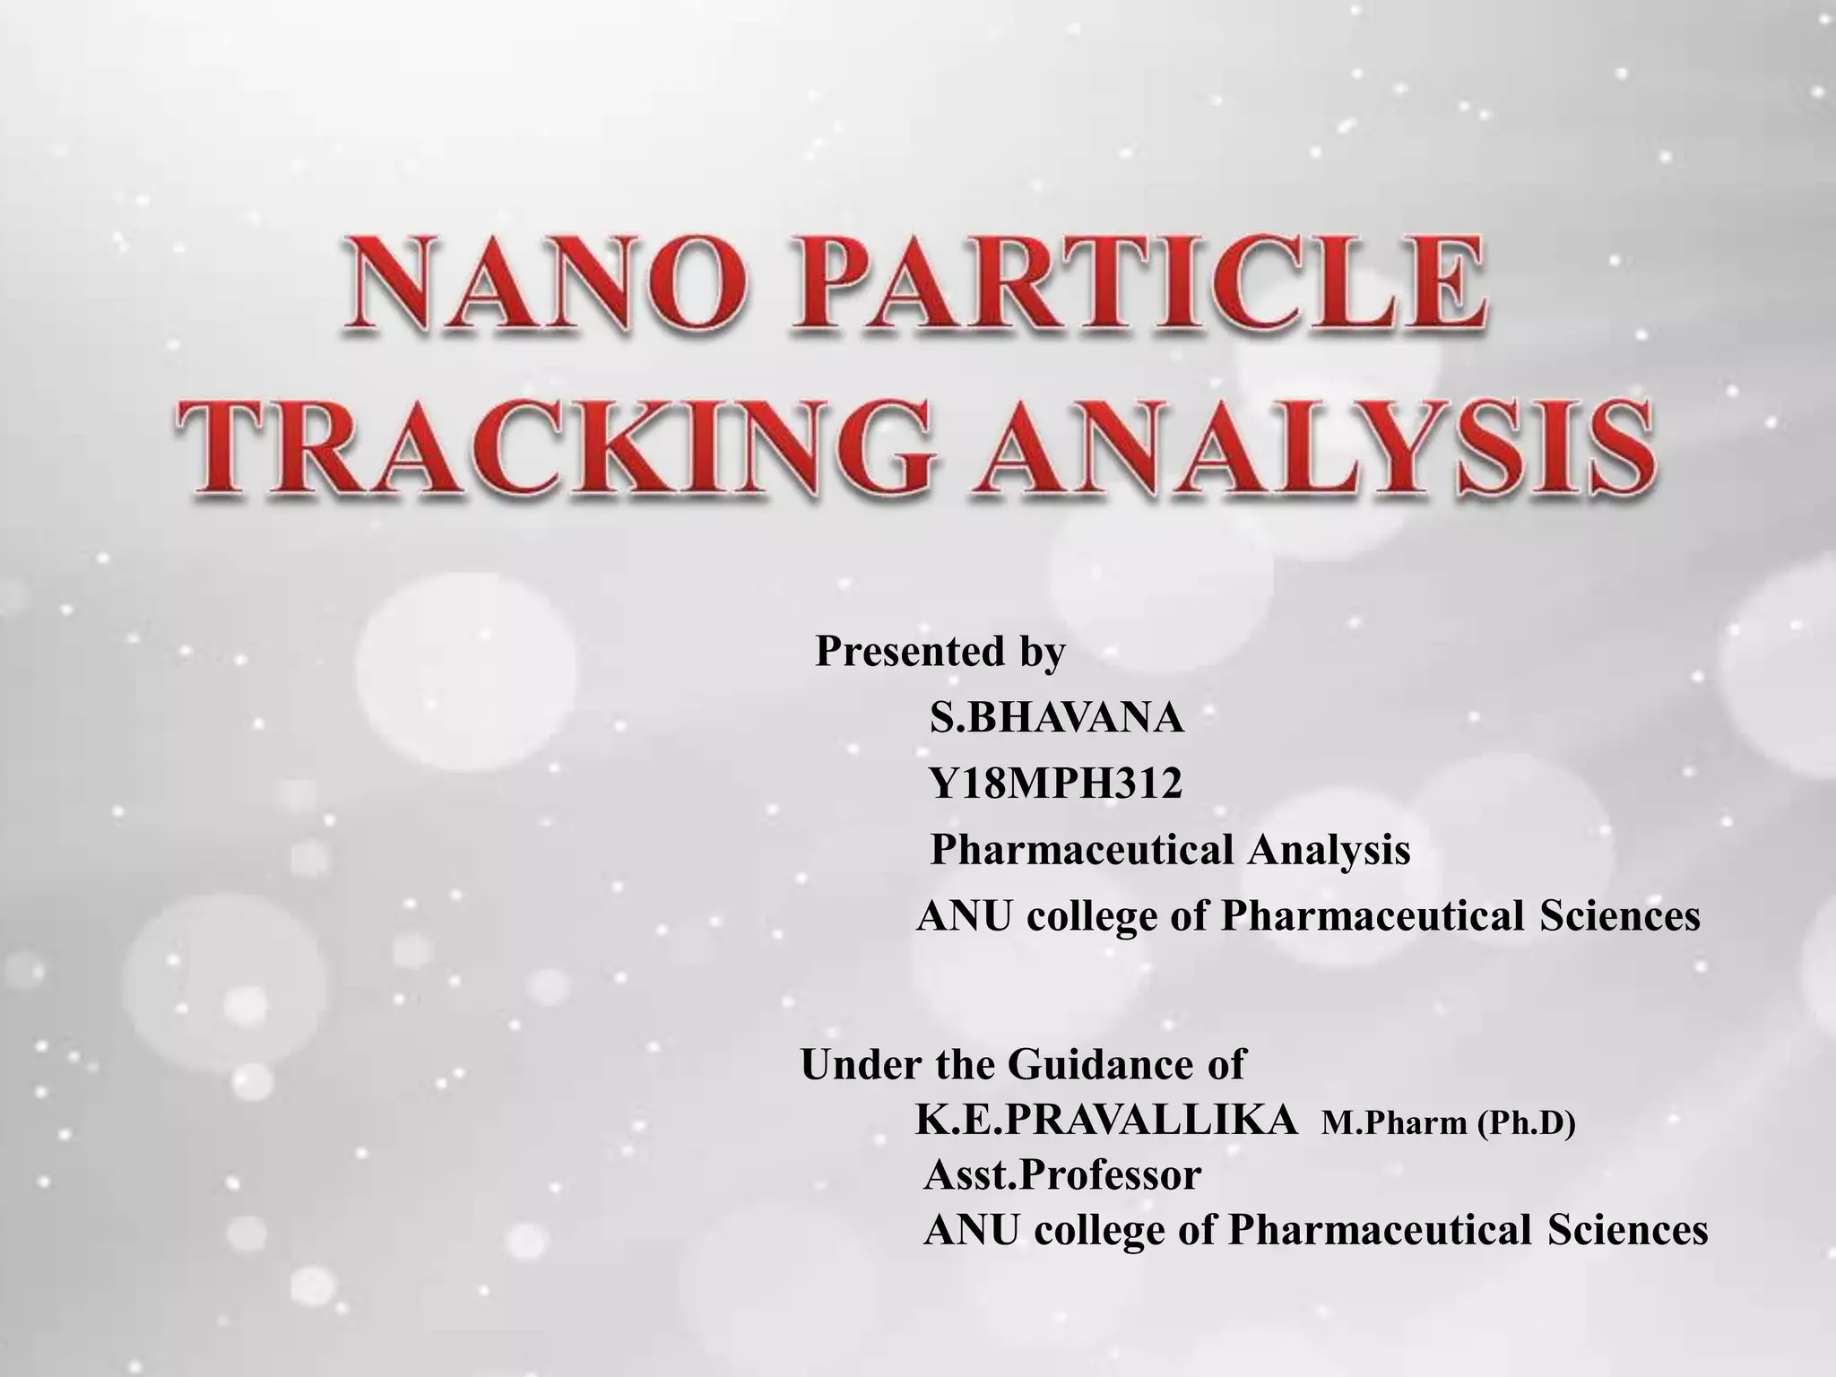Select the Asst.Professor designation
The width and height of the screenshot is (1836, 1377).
tap(1062, 1174)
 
